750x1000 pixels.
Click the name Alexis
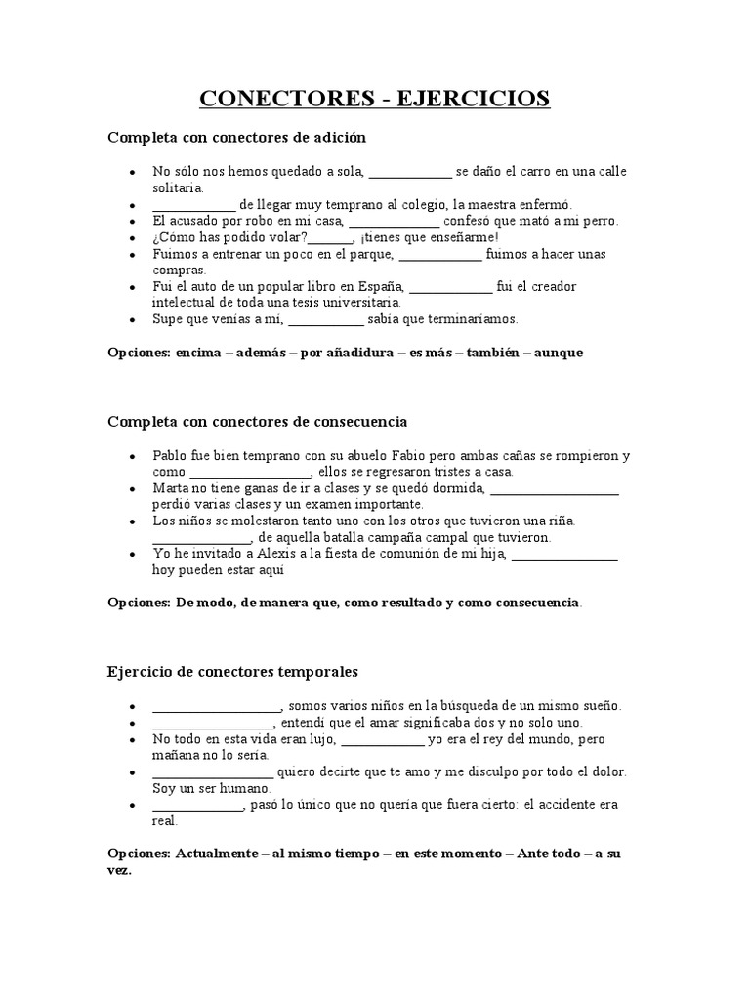pos(257,554)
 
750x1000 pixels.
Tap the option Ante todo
pos(544,854)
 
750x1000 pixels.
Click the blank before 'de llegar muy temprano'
pos(193,205)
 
